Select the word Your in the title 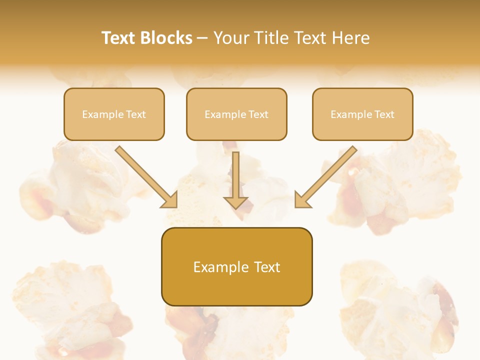231,38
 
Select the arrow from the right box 327,175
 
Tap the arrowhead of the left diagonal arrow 170,200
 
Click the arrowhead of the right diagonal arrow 302,200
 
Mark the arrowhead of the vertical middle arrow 236,202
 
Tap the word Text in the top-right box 384,114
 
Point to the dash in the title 202,38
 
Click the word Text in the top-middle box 258,114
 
